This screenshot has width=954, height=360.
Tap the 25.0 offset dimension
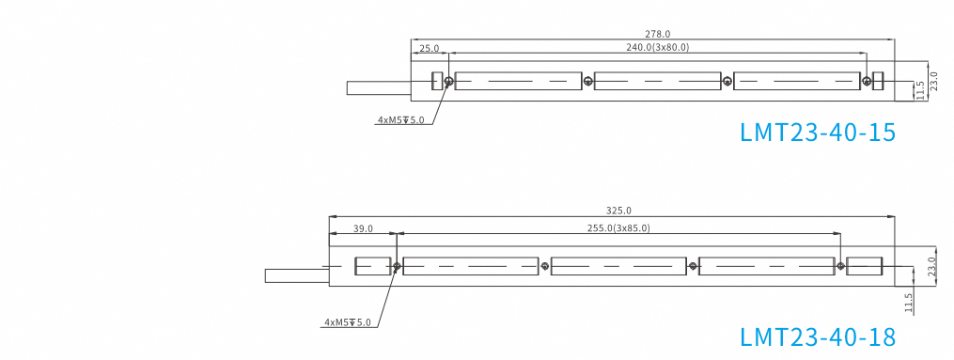[430, 48]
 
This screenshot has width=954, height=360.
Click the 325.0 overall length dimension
[618, 211]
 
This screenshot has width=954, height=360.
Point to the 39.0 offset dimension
[363, 228]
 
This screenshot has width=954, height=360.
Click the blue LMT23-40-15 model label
[818, 133]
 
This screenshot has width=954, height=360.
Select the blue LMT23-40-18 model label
[818, 337]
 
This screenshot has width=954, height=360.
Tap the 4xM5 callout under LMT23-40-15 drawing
[400, 119]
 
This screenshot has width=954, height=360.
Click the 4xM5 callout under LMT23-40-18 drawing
[348, 322]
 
